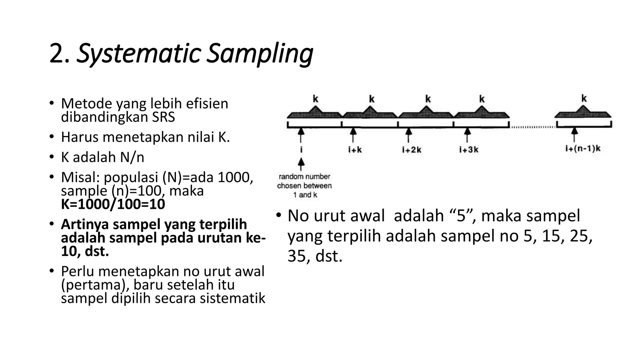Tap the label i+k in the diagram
pyautogui.click(x=355, y=150)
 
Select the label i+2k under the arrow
pyautogui.click(x=412, y=150)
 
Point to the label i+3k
pyautogui.click(x=469, y=150)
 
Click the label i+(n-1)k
pyautogui.click(x=583, y=148)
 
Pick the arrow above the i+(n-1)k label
pyautogui.click(x=574, y=135)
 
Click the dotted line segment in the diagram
pyautogui.click(x=532, y=127)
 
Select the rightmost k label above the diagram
pyautogui.click(x=584, y=98)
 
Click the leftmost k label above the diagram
pyautogui.click(x=316, y=99)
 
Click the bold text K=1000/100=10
pyautogui.click(x=113, y=204)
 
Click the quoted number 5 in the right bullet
pyautogui.click(x=461, y=216)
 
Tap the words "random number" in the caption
pyautogui.click(x=304, y=177)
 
